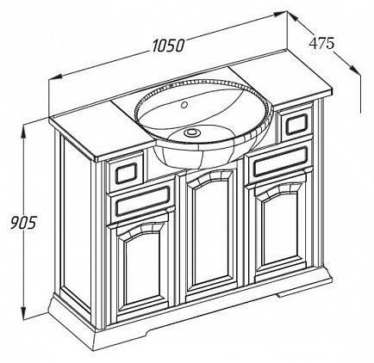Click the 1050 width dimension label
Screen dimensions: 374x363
[168, 46]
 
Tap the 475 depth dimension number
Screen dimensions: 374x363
[321, 44]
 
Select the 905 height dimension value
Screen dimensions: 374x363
[23, 222]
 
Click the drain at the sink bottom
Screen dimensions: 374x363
[190, 132]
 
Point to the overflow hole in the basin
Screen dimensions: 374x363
[184, 105]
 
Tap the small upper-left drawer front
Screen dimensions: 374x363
[125, 173]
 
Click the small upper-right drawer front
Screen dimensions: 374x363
[296, 124]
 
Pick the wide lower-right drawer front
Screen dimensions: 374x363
[280, 162]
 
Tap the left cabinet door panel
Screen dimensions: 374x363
[142, 269]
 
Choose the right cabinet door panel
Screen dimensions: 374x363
[280, 230]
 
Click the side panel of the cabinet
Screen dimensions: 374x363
[77, 221]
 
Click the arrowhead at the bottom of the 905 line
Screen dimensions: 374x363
[23, 311]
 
